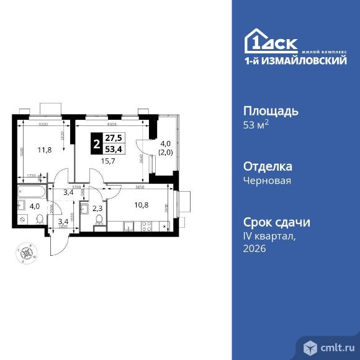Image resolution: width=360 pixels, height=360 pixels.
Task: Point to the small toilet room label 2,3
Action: (97, 209)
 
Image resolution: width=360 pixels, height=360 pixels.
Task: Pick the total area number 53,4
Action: (113, 149)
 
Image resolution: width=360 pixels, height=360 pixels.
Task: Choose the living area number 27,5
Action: (113, 139)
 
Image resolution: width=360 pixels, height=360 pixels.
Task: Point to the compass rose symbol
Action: (26, 253)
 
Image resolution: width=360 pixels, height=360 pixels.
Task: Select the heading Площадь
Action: (270, 111)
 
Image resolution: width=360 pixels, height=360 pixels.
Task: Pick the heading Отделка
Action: (268, 166)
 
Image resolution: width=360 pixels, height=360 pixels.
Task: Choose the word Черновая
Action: (267, 181)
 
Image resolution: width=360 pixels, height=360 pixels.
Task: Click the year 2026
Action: (254, 248)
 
